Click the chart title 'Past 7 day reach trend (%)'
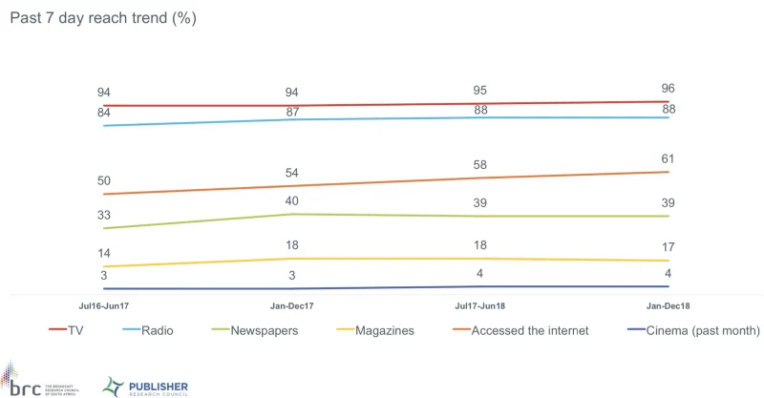click(x=102, y=19)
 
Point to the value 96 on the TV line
click(x=668, y=88)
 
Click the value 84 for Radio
click(x=105, y=112)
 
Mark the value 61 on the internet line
click(x=668, y=157)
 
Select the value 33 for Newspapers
click(x=105, y=215)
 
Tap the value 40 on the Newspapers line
click(x=291, y=200)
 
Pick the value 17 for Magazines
click(x=668, y=246)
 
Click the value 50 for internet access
click(x=105, y=180)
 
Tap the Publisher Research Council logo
click(x=145, y=386)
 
